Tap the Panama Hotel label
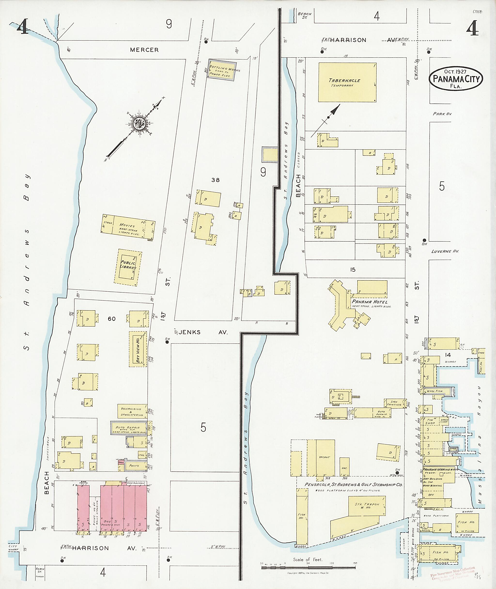tap(370, 302)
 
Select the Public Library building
tap(128, 267)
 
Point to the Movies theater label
tap(127, 226)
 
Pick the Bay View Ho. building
tap(138, 349)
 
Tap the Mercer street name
tap(144, 50)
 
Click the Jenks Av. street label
tap(203, 332)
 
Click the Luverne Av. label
tap(445, 251)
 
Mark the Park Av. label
tap(442, 114)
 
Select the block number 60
tap(112, 319)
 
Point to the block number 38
tap(215, 180)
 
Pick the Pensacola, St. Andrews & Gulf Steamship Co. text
tap(353, 484)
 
